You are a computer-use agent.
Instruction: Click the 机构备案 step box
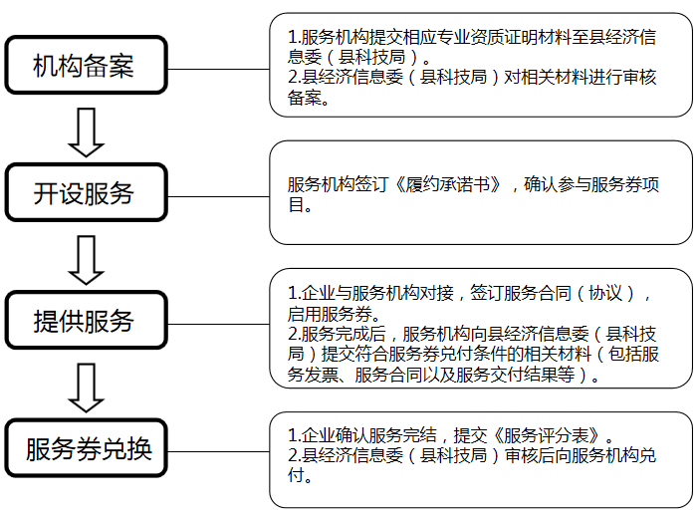(84, 66)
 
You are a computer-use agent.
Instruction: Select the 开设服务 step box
(84, 193)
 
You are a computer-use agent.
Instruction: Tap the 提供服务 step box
(84, 321)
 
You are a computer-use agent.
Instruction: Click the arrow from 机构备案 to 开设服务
(87, 131)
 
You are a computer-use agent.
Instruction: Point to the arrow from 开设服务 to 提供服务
(87, 258)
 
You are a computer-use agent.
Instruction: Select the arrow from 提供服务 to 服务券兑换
(87, 387)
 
